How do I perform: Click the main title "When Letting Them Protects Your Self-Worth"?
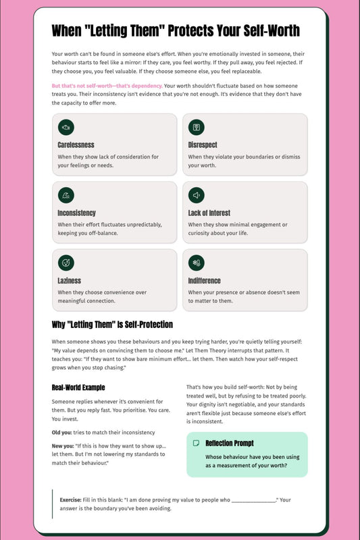click(176, 31)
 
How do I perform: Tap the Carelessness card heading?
click(76, 145)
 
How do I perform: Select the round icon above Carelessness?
click(66, 127)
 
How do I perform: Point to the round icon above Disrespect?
click(196, 127)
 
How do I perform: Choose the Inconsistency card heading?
click(76, 213)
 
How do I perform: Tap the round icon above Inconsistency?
click(66, 195)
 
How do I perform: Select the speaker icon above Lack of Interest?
click(196, 195)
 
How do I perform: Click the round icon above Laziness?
click(66, 263)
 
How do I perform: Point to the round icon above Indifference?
click(196, 263)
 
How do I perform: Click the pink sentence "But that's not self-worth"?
click(107, 86)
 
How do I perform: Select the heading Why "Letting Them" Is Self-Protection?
click(112, 325)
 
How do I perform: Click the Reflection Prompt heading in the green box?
click(230, 443)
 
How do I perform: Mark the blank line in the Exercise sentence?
click(253, 500)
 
